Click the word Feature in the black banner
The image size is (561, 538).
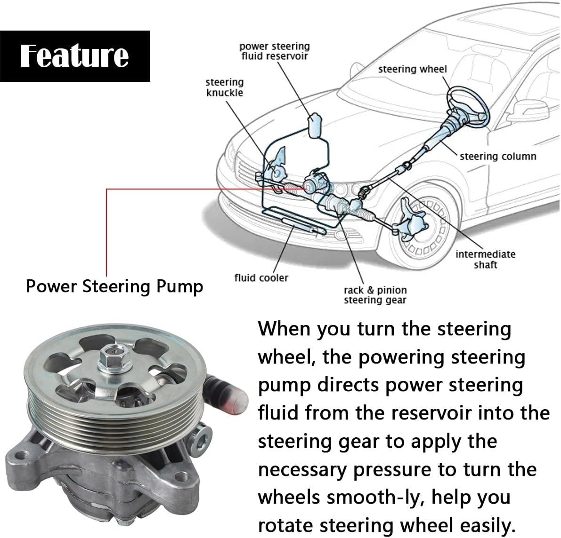click(x=74, y=56)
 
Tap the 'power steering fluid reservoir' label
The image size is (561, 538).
click(x=275, y=51)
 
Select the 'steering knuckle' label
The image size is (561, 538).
click(x=225, y=87)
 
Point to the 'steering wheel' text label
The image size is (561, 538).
click(x=413, y=69)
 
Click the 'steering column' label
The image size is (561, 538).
click(x=498, y=156)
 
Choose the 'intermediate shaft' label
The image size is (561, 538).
click(x=486, y=259)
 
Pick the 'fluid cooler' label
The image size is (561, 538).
click(x=261, y=277)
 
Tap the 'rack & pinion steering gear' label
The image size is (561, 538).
click(x=375, y=295)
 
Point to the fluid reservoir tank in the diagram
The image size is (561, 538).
click(x=315, y=125)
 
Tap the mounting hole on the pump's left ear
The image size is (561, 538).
click(x=22, y=455)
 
